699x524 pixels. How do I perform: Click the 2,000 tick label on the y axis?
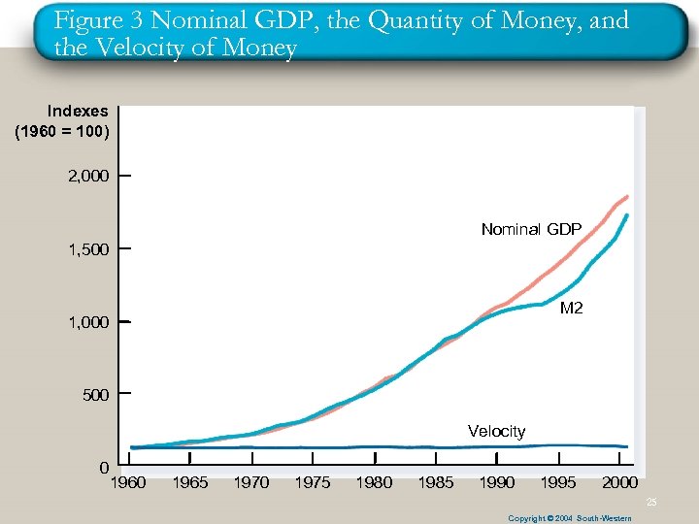click(x=88, y=176)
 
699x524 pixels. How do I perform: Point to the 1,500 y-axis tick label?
click(x=88, y=249)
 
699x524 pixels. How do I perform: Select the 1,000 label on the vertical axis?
click(x=88, y=322)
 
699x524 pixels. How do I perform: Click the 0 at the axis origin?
click(x=104, y=468)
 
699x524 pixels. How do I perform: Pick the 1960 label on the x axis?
click(x=128, y=482)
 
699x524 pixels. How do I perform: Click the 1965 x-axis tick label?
click(x=190, y=482)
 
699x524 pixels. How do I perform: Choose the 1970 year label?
click(x=251, y=482)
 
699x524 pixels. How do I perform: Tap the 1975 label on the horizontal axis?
click(x=313, y=482)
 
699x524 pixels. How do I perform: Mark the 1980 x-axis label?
click(x=374, y=482)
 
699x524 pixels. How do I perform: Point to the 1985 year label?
click(x=435, y=482)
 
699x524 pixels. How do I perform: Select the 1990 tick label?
click(x=497, y=482)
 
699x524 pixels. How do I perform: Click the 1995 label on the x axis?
click(x=558, y=482)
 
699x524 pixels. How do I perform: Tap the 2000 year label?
click(x=619, y=482)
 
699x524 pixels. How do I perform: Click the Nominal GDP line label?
click(x=531, y=230)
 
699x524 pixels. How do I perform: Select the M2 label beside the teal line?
click(x=572, y=309)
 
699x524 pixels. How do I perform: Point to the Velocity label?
click(x=496, y=431)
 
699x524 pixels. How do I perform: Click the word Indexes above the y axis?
click(x=78, y=112)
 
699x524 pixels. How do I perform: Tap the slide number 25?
click(x=652, y=502)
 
